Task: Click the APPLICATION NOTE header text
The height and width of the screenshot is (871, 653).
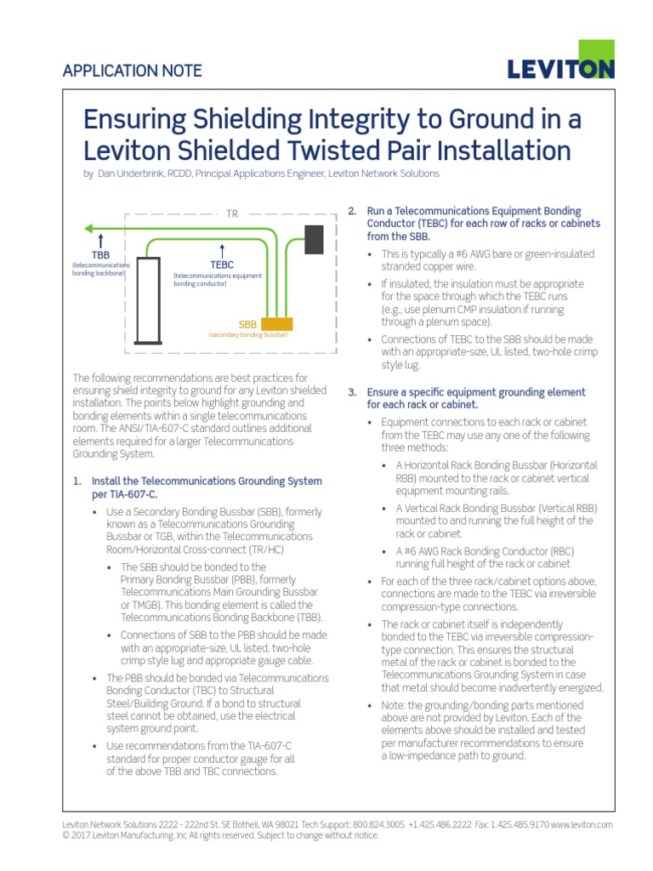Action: tap(132, 71)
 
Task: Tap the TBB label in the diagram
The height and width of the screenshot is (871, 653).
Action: tap(101, 254)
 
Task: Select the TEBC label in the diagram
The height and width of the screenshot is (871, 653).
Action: tap(222, 265)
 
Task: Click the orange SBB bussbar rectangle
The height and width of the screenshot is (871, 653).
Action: tap(277, 324)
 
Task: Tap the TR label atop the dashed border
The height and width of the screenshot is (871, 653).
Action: tap(232, 213)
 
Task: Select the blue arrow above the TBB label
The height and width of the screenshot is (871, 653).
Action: tap(101, 240)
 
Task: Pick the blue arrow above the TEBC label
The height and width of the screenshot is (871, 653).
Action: tap(222, 251)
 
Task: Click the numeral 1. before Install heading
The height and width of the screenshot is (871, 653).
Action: tap(77, 481)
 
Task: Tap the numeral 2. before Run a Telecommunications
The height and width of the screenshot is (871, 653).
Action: tap(353, 210)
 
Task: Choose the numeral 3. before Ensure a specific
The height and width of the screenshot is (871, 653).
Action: tap(353, 392)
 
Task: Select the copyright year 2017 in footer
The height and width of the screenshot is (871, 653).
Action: tap(83, 835)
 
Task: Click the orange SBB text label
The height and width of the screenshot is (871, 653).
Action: tap(247, 325)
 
